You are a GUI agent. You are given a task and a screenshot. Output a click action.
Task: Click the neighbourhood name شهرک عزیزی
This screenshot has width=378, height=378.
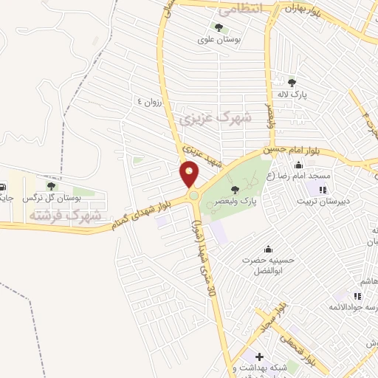(x=216, y=117)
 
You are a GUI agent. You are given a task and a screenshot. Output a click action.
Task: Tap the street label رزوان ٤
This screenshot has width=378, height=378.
(x=151, y=100)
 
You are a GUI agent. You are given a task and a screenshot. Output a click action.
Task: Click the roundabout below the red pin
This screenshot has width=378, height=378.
(x=194, y=195)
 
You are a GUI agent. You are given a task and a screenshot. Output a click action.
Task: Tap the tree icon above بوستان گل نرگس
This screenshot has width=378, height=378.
(x=51, y=186)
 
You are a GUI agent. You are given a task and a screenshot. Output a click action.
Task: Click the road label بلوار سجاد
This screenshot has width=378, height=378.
(x=274, y=317)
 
